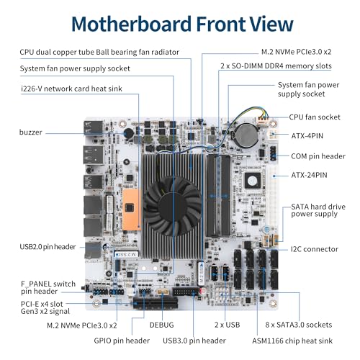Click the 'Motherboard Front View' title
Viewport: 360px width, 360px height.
click(182, 24)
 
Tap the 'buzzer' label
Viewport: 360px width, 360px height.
click(31, 132)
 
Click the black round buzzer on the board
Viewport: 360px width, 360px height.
click(129, 133)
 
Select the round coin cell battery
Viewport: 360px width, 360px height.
click(246, 135)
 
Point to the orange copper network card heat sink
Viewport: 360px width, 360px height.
click(132, 210)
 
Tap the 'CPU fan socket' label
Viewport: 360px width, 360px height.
click(315, 117)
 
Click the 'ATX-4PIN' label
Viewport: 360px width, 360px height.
click(307, 136)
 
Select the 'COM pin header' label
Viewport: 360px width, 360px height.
click(318, 156)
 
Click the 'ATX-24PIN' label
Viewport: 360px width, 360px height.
click(309, 175)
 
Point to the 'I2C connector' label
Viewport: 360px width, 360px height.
click(315, 249)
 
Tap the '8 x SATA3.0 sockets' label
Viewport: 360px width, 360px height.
click(299, 325)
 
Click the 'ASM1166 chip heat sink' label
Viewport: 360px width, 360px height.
click(292, 341)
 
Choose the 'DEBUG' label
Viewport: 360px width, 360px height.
click(161, 325)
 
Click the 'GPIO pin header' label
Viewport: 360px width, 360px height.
click(122, 341)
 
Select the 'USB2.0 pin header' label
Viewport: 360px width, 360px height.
click(48, 247)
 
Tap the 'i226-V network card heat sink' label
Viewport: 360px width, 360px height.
click(71, 89)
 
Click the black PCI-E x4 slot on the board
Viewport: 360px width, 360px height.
click(156, 303)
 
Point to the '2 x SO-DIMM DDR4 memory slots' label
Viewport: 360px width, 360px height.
click(276, 66)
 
